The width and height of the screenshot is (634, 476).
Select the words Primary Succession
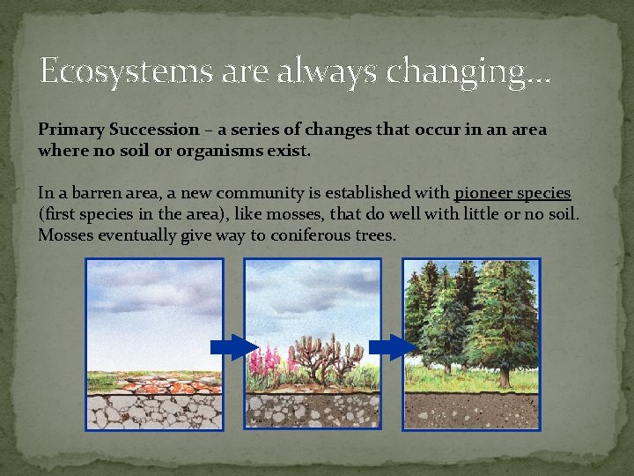[x=119, y=130]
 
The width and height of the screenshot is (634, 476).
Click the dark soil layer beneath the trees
[x=471, y=410]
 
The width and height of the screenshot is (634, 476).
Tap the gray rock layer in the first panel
[x=154, y=412]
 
